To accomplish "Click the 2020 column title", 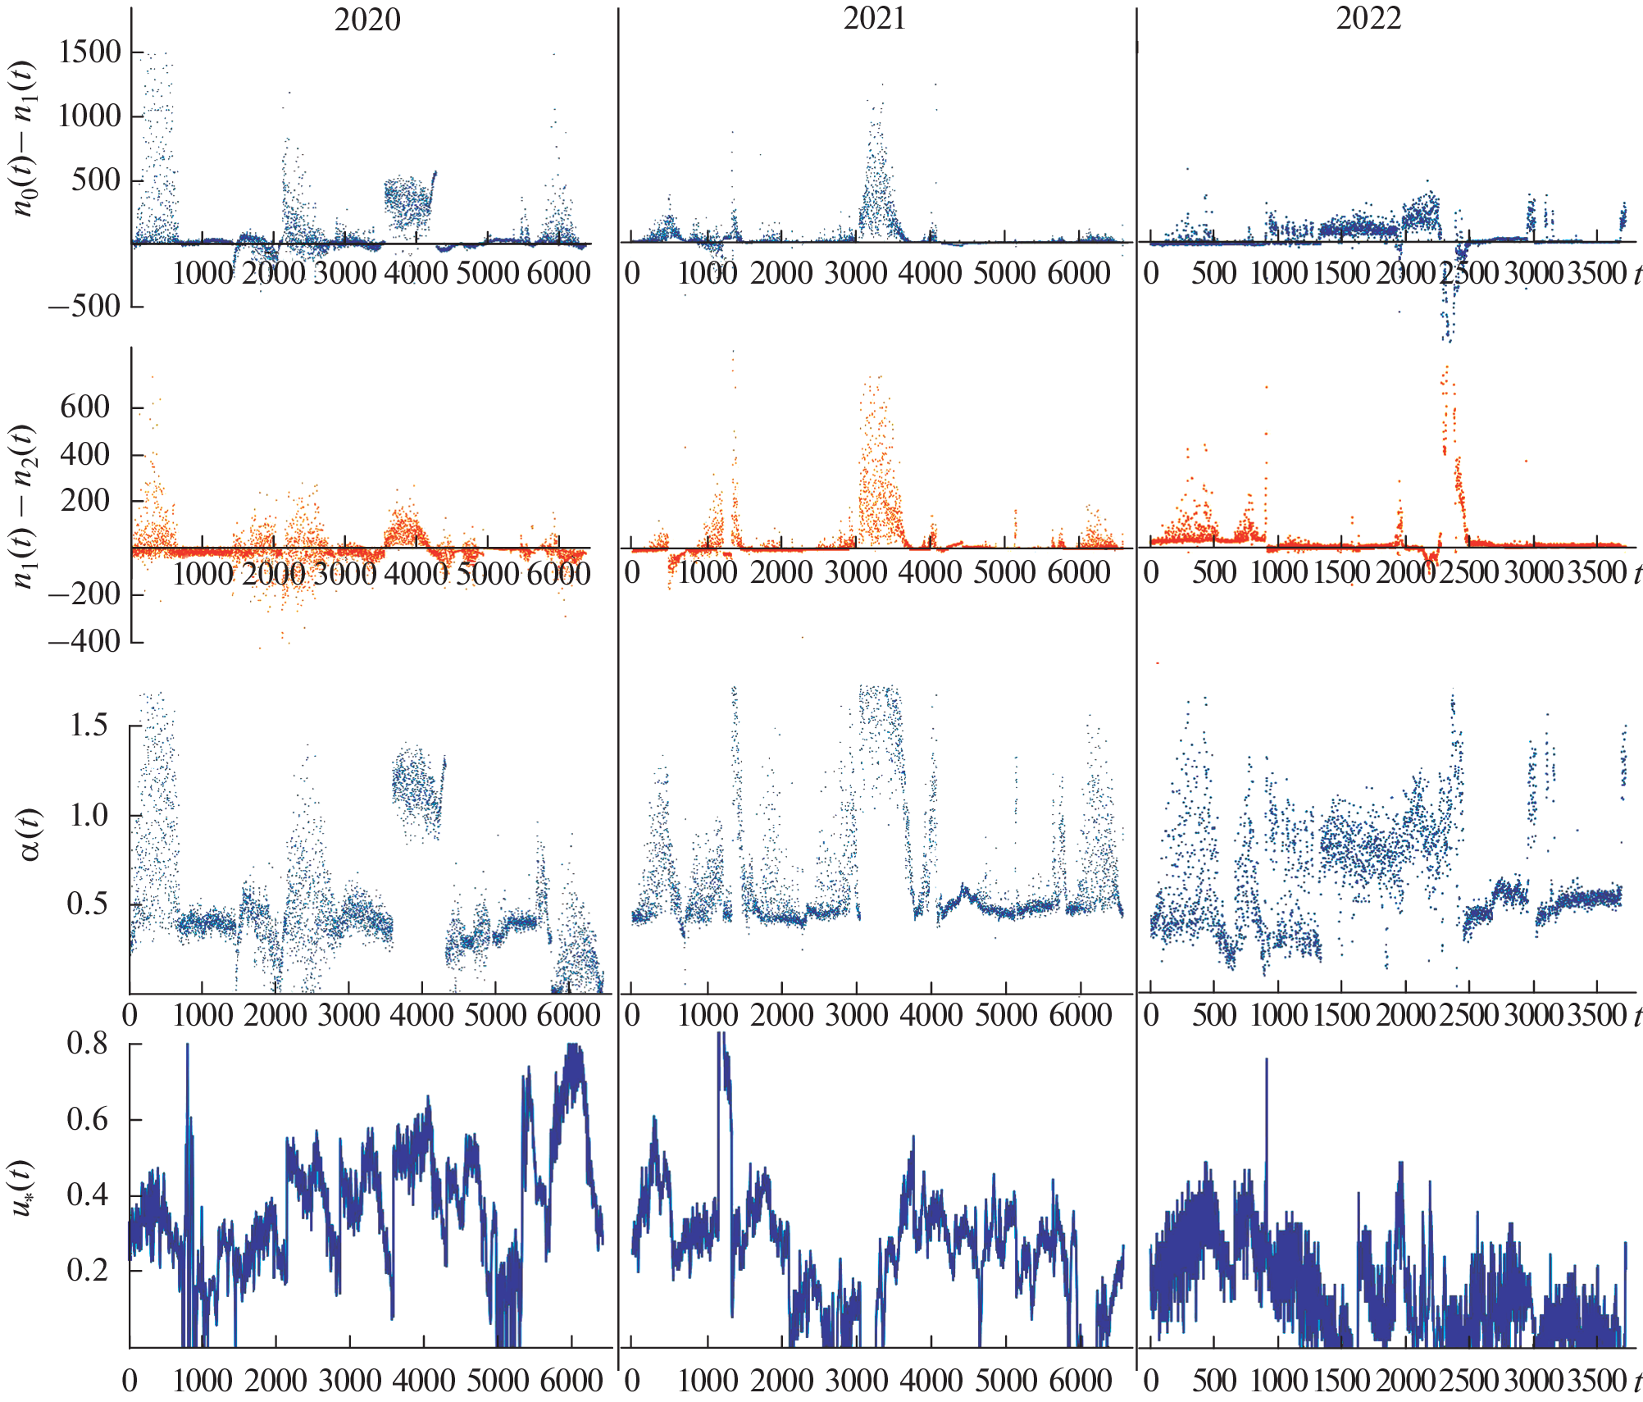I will [367, 20].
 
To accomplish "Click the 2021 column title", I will [875, 18].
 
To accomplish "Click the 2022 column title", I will [1368, 18].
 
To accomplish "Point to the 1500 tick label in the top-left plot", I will [89, 52].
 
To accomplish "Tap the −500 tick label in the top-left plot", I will [84, 307].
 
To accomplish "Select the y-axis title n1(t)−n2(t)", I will [25, 506].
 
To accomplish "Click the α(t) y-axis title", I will [28, 834].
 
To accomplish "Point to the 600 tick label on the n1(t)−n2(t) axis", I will [84, 407].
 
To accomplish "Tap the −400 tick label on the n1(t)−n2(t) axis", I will [84, 641].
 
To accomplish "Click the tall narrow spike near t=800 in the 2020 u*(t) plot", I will [188, 1058].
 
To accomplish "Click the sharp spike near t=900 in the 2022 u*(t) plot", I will [1266, 1066].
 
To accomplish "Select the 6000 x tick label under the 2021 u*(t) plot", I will [1080, 1381].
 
